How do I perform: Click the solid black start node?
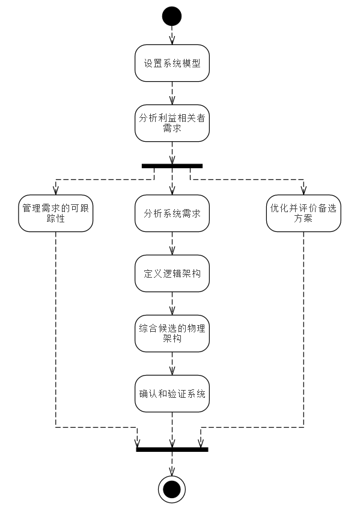point(172,16)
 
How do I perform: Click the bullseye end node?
point(172,489)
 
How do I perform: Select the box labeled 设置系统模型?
point(172,63)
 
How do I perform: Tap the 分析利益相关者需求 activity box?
point(172,123)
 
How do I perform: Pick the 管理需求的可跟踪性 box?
point(55,213)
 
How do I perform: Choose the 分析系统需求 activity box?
point(172,213)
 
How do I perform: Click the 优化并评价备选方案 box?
point(304,213)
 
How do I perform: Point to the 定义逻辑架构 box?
point(172,273)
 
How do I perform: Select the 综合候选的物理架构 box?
point(172,334)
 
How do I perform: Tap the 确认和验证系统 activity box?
point(172,394)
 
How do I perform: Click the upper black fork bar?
point(172,166)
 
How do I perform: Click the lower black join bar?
point(172,450)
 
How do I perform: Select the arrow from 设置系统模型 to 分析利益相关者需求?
point(172,93)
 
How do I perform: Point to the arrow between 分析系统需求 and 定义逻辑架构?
point(172,243)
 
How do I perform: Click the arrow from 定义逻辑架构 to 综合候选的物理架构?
point(172,303)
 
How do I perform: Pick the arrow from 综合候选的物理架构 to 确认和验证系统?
point(172,364)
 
